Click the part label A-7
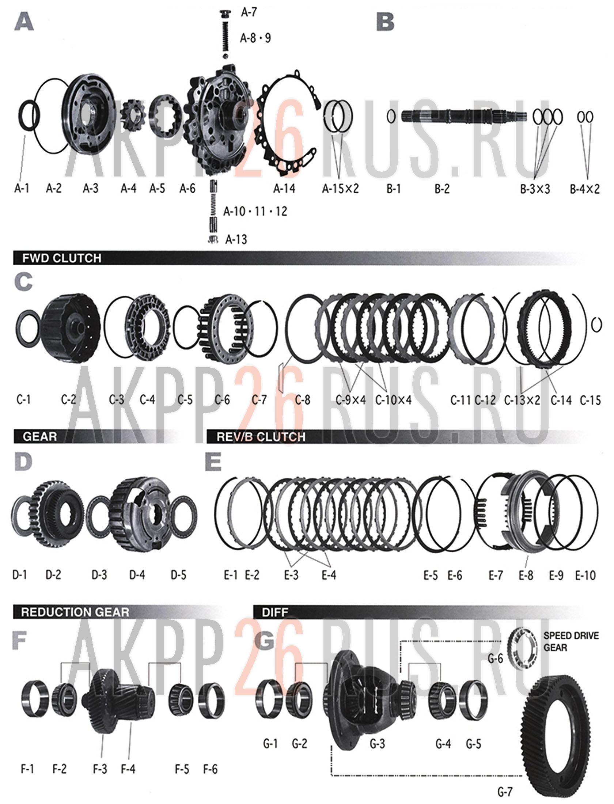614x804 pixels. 249,12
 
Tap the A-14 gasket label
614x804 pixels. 284,189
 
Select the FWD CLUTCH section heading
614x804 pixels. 62,258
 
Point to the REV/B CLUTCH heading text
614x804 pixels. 261,437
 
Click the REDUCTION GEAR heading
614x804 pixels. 75,612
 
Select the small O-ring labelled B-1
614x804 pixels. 391,117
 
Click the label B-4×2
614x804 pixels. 585,189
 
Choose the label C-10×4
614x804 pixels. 393,400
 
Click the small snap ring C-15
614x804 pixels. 596,324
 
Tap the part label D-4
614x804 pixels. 137,575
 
